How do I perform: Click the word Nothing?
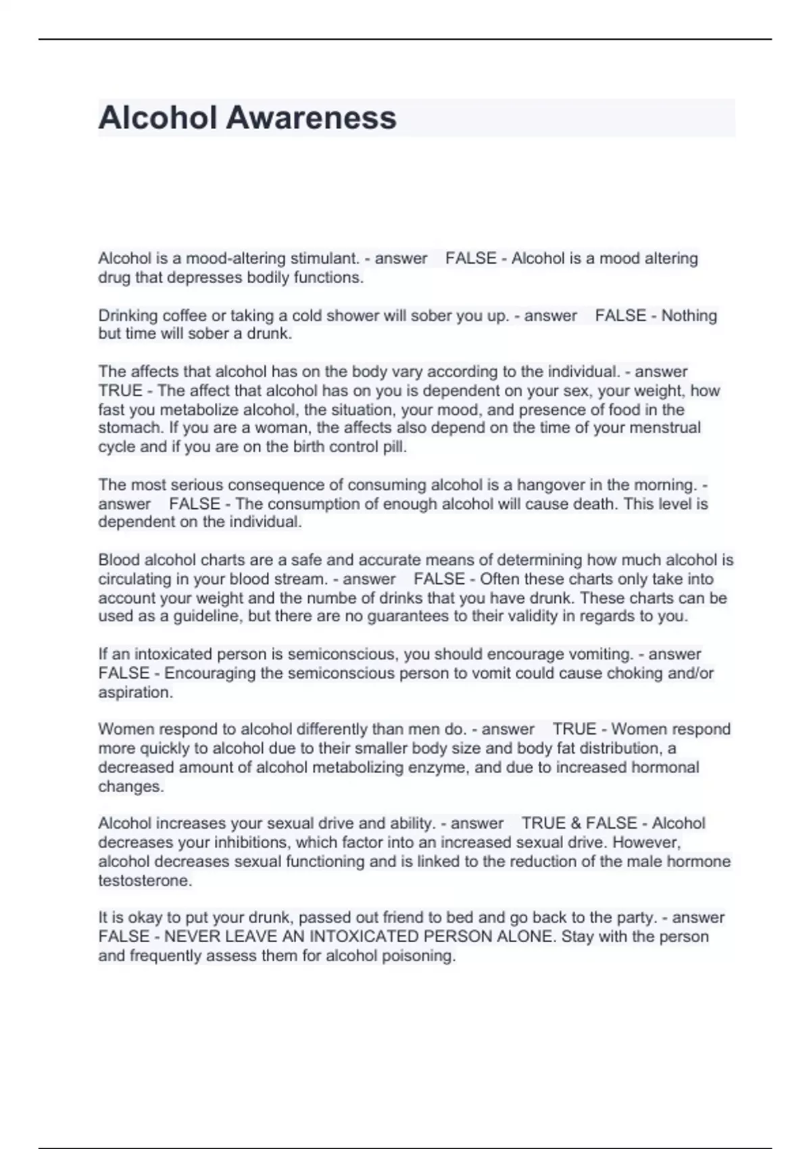pyautogui.click(x=689, y=316)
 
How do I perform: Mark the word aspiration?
pyautogui.click(x=135, y=692)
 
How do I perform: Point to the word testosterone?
pyautogui.click(x=145, y=881)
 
